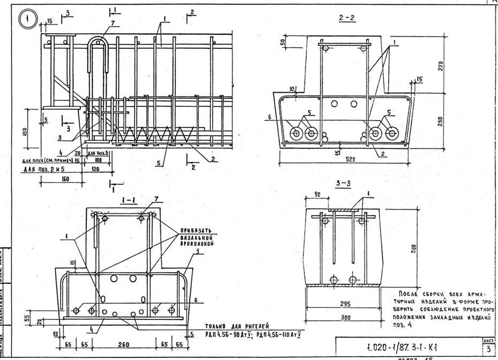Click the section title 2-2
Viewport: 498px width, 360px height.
point(346,18)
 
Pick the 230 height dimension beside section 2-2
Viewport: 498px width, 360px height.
point(441,122)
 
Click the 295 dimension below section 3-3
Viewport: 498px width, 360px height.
point(345,304)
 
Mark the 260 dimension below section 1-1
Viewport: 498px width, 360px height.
point(123,343)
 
